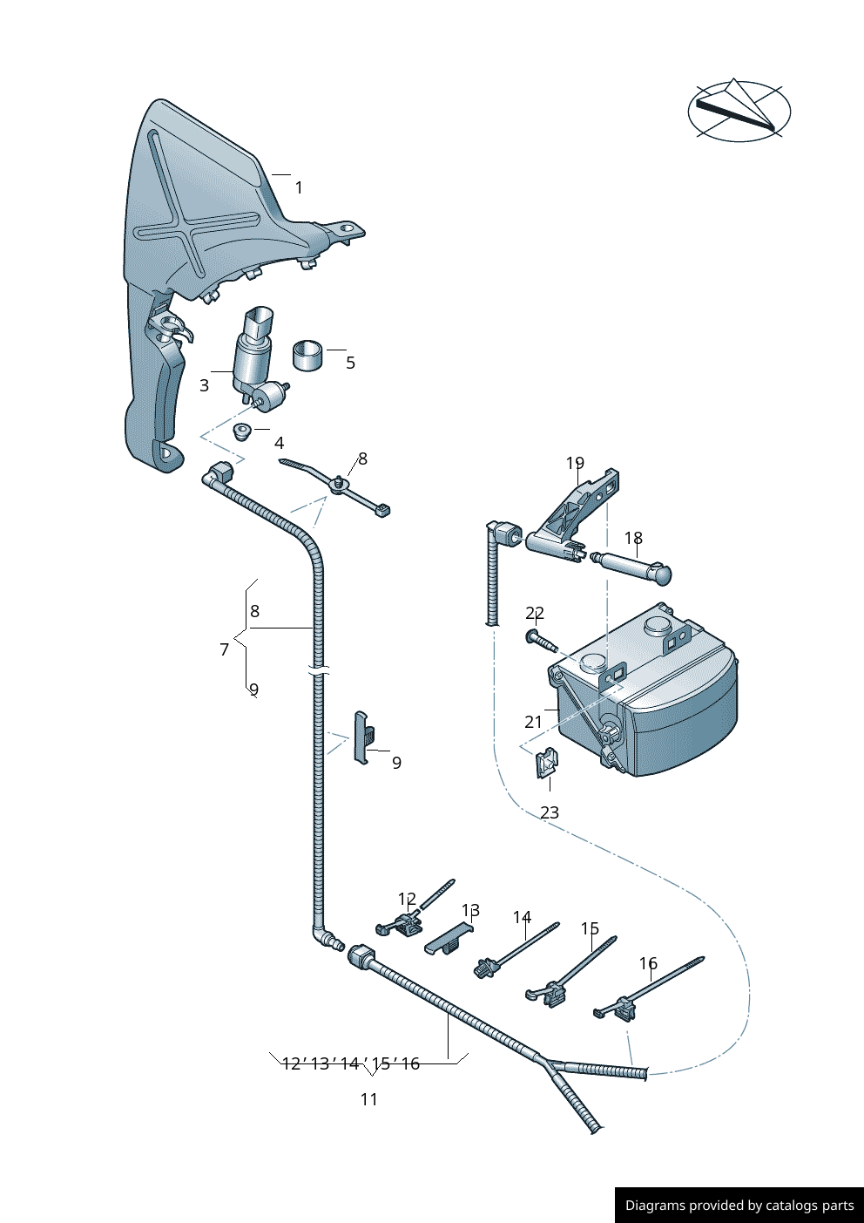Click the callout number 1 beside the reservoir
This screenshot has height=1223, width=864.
(299, 187)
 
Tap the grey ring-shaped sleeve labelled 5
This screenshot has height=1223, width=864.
(307, 355)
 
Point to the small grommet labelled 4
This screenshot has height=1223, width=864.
(242, 431)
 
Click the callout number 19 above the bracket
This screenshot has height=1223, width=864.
(575, 463)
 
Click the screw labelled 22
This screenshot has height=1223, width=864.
(540, 641)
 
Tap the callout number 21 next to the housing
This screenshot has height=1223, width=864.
(533, 722)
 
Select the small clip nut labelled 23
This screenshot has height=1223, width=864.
(546, 764)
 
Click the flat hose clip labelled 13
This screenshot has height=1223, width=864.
(449, 940)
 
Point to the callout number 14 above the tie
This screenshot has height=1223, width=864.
(522, 917)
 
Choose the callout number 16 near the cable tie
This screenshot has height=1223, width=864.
(648, 963)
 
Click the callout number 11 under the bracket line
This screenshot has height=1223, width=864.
(369, 1099)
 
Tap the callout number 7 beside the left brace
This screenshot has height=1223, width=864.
(225, 649)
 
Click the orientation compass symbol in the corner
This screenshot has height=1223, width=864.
(739, 111)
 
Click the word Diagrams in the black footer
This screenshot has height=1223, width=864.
(654, 1206)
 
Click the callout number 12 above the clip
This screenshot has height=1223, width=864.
(407, 899)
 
